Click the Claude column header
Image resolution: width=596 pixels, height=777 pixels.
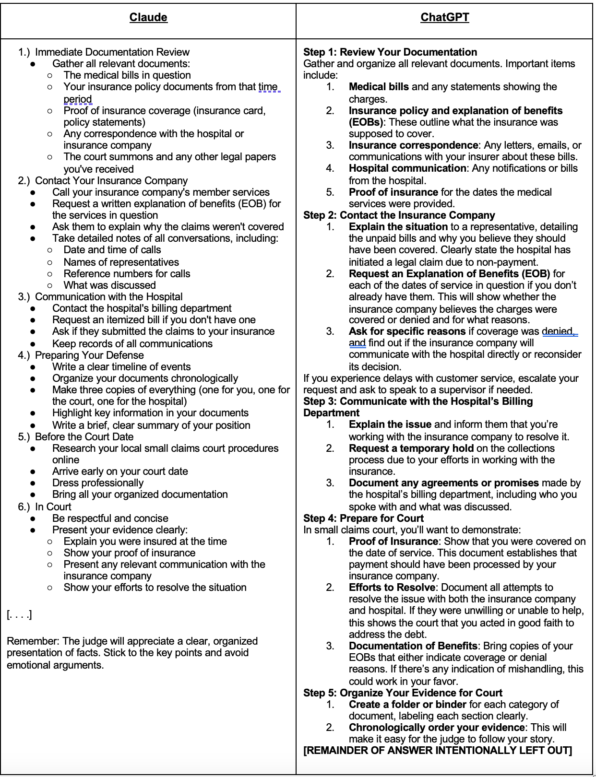point(148,18)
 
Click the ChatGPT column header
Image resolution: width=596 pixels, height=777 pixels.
point(444,18)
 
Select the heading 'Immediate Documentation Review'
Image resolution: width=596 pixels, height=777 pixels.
point(112,52)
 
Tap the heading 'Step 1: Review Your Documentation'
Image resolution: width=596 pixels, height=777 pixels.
point(390,52)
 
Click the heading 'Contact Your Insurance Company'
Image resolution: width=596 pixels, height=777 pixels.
point(111,181)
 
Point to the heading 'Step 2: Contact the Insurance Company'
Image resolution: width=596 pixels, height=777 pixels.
point(399,215)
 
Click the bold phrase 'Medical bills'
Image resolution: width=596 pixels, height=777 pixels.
point(379,87)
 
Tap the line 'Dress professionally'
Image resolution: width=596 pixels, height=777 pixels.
point(98,483)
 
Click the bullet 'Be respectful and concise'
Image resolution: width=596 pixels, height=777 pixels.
point(110,518)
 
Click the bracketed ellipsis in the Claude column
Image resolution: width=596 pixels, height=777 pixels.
point(19,614)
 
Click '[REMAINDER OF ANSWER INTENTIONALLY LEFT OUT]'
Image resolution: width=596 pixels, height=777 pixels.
point(437,751)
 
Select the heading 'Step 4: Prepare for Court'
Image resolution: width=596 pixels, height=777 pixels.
point(363,518)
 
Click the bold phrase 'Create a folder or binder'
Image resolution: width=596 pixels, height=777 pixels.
point(407,705)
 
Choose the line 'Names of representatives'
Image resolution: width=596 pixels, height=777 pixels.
point(121,262)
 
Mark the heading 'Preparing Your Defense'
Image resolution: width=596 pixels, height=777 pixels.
point(89,355)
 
